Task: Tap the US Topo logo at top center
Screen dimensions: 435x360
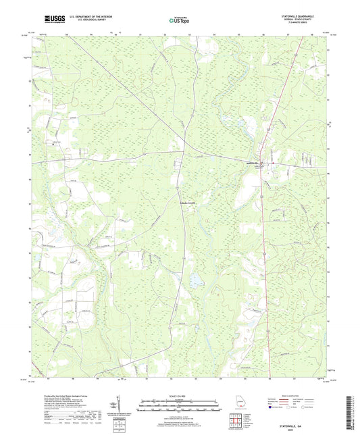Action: [x=176, y=21]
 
